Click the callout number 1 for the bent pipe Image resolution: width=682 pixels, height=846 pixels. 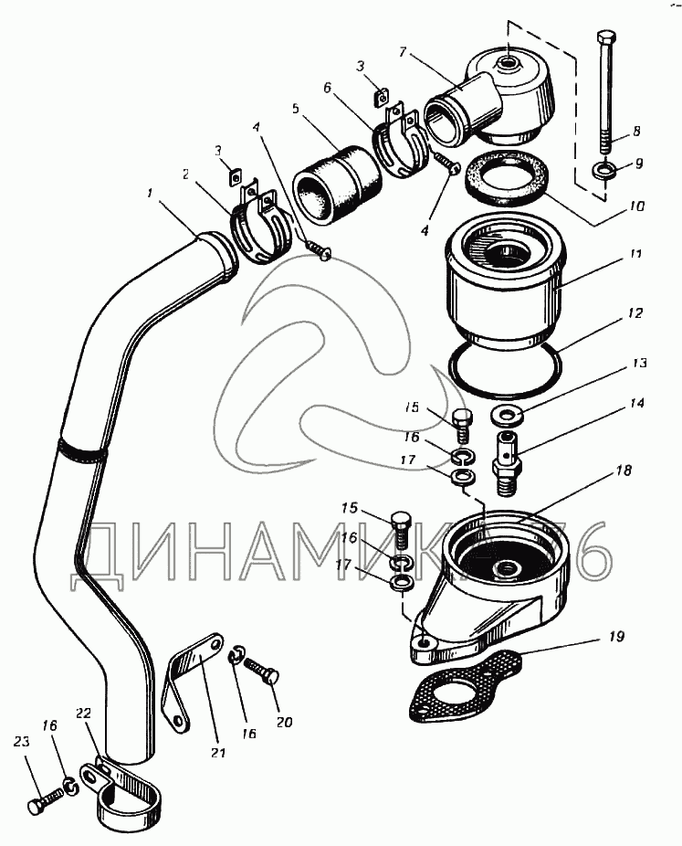tap(150, 192)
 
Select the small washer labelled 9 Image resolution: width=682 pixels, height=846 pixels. tap(603, 172)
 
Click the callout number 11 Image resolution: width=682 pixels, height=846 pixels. tap(635, 253)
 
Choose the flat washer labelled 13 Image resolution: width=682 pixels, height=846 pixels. tap(506, 417)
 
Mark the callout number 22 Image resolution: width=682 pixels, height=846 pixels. tap(83, 714)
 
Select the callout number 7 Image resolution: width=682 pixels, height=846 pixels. tap(403, 52)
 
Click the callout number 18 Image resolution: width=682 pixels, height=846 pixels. tap(624, 471)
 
